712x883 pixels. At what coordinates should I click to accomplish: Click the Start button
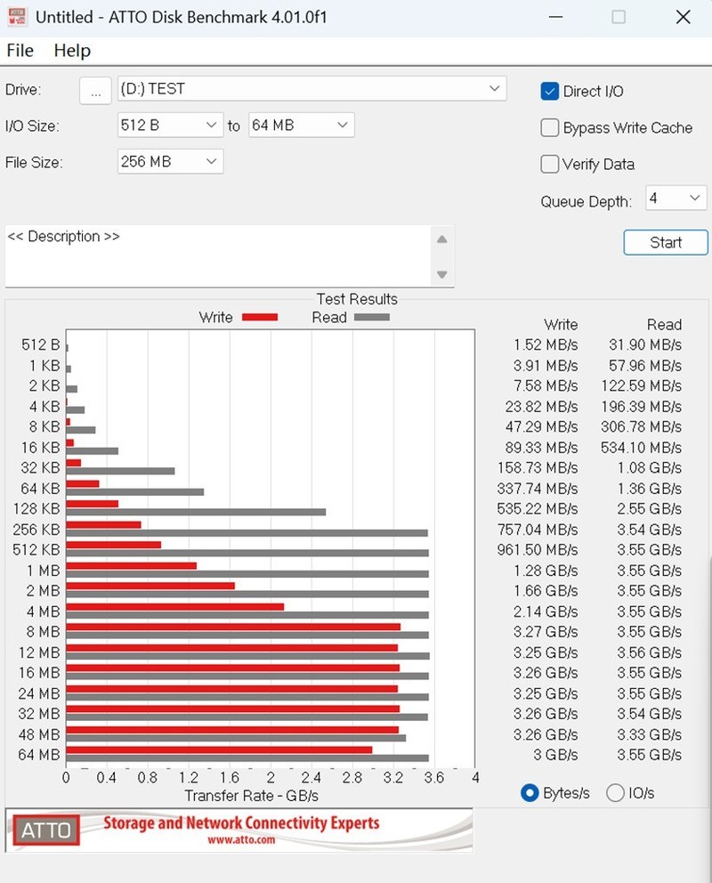click(x=665, y=242)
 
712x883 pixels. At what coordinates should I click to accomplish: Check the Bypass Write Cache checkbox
click(x=550, y=128)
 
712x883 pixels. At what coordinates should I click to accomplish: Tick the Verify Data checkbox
click(x=550, y=164)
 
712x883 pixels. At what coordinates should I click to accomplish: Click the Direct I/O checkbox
click(x=550, y=92)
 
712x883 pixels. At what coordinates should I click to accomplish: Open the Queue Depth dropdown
click(x=676, y=198)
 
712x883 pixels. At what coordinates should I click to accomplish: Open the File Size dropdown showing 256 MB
click(x=170, y=161)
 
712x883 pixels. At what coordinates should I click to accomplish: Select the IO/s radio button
click(x=615, y=792)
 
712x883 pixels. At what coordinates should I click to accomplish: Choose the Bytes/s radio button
click(x=530, y=792)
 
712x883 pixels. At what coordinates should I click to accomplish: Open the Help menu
click(x=72, y=51)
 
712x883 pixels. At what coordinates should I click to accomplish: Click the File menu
click(x=20, y=51)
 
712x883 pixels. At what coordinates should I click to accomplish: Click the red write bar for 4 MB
click(x=174, y=607)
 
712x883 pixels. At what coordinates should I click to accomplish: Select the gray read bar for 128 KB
click(x=196, y=512)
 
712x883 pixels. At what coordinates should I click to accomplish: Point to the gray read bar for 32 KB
click(x=120, y=471)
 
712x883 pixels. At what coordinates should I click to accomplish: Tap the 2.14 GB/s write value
click(x=546, y=612)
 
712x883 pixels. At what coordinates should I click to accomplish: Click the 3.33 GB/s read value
click(x=652, y=734)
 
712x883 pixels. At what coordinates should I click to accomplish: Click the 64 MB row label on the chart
click(x=39, y=755)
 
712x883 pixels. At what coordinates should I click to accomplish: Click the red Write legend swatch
click(x=260, y=317)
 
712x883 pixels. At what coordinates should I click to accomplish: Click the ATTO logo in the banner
click(x=45, y=830)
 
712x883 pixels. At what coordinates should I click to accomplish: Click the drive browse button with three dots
click(x=95, y=90)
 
